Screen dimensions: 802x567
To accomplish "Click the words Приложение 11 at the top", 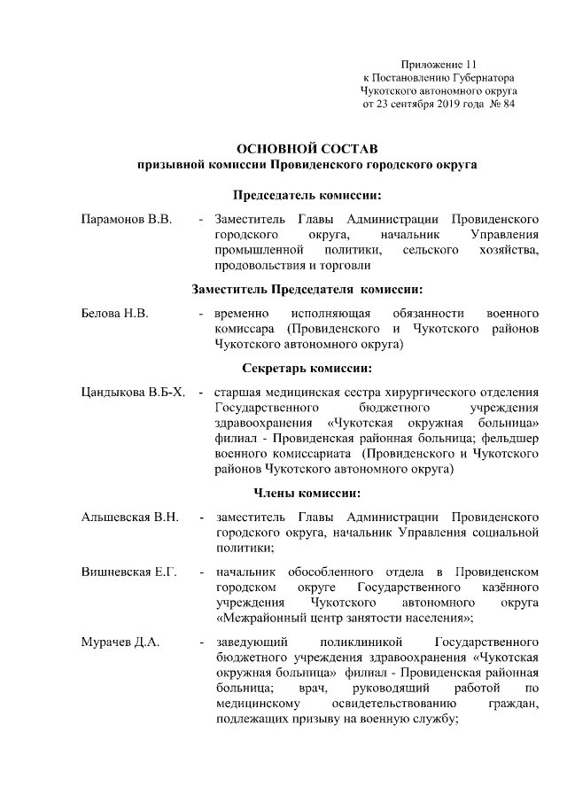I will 439,65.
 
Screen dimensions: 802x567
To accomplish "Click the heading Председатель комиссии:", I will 307,194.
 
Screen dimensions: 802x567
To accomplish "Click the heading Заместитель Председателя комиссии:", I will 307,289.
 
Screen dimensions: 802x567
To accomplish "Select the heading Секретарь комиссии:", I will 307,368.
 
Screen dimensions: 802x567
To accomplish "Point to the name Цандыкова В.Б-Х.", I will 133,392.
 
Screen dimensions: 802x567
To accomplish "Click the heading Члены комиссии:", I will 307,493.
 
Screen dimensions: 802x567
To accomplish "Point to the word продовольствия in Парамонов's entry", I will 257,265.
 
